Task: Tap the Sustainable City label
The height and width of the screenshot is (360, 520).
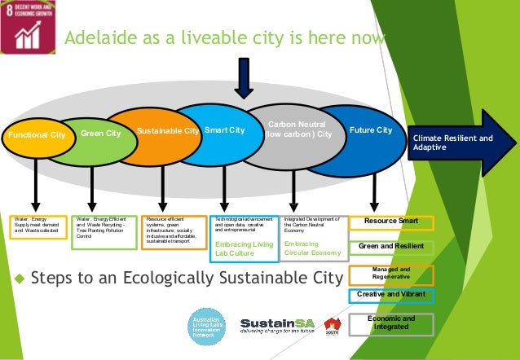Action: point(168,130)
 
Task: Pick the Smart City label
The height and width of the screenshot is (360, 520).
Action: point(224,130)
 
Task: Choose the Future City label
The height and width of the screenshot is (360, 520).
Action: point(371,130)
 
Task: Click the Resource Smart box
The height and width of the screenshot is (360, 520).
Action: point(390,222)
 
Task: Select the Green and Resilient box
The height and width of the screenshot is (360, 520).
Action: point(390,247)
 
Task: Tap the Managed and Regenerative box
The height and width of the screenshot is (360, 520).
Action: point(390,273)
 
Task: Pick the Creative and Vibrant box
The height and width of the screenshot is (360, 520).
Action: point(390,295)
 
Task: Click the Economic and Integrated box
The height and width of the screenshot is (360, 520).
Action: point(390,323)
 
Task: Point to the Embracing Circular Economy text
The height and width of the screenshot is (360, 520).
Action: point(312,248)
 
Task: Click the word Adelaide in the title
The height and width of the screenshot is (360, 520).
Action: point(99,37)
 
